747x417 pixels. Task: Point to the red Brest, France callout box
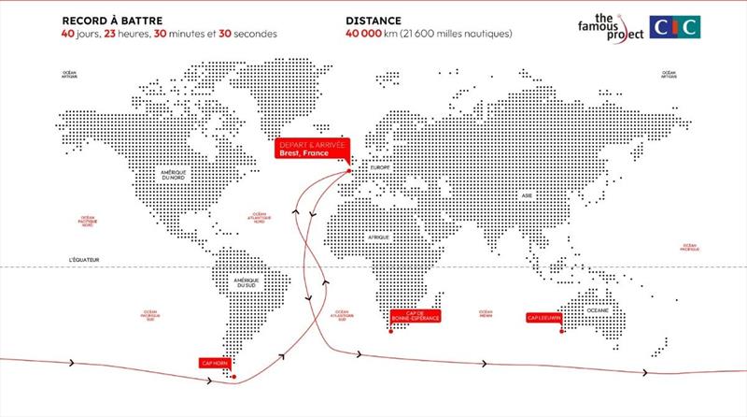309,152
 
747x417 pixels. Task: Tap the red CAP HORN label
211,362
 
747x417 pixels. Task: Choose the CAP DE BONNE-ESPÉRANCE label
412,316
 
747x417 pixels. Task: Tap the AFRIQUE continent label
376,237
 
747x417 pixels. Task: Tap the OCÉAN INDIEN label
486,313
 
